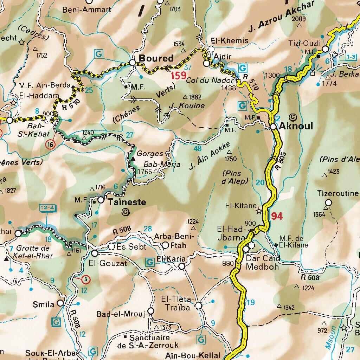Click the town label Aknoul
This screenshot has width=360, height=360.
[x=296, y=126]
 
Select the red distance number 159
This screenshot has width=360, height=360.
[x=178, y=76]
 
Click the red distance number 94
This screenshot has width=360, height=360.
[x=277, y=216]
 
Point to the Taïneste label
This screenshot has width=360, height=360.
[x=127, y=202]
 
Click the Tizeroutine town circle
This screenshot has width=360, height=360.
[x=328, y=202]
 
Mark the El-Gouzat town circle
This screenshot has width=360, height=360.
[x=95, y=253]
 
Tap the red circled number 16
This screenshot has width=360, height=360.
[x=51, y=144]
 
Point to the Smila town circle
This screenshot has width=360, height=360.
[x=60, y=303]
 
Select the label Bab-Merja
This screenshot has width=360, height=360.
[x=162, y=165]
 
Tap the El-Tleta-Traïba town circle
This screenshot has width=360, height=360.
[x=199, y=306]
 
